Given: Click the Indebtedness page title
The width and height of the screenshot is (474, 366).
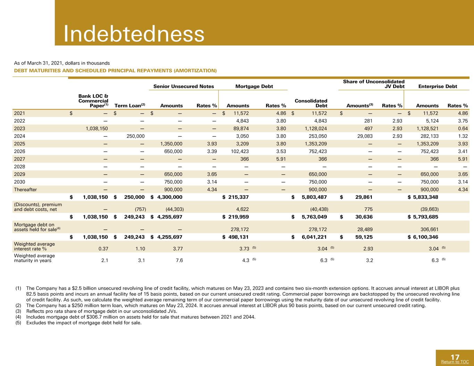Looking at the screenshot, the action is click(x=134, y=34).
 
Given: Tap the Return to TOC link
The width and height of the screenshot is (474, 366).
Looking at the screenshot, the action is click(x=455, y=362).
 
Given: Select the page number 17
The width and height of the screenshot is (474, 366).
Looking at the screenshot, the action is click(x=455, y=357).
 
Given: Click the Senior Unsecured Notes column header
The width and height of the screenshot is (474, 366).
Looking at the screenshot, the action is click(x=184, y=86).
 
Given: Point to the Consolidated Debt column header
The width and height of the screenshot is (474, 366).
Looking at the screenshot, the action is click(x=311, y=103).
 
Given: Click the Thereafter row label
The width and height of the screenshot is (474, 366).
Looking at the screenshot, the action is click(x=25, y=189).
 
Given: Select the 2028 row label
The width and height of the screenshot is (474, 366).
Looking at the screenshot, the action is click(x=19, y=167).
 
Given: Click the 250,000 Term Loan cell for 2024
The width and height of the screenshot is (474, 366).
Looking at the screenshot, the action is click(x=135, y=136).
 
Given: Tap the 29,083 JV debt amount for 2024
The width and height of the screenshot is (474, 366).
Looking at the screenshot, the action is click(x=365, y=136).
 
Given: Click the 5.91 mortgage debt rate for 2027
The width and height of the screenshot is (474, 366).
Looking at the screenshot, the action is click(x=281, y=159).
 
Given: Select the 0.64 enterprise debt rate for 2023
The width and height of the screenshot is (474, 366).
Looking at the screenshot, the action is click(x=463, y=129).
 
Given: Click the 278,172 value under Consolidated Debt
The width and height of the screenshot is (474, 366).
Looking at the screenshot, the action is click(x=318, y=229).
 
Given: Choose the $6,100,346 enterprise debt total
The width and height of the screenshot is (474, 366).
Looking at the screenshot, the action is click(x=423, y=237).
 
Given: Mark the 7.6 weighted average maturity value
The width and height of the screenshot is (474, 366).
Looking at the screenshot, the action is click(x=179, y=260).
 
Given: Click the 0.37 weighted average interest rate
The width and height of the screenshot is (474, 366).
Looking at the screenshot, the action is click(x=103, y=249).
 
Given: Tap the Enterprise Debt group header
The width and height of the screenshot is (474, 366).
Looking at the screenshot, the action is click(x=438, y=86).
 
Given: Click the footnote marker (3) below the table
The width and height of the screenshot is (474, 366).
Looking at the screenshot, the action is click(x=18, y=311).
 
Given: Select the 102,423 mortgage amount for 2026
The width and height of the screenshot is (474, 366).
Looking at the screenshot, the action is click(x=240, y=151).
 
